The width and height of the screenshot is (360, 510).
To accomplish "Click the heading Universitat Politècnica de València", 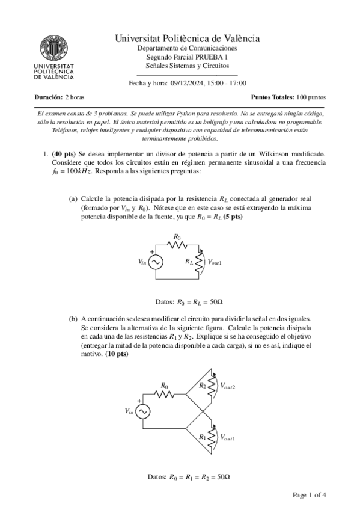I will point(187,38).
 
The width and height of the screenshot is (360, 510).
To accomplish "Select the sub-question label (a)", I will point(73,198).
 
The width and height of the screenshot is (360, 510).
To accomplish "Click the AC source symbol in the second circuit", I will point(143,411).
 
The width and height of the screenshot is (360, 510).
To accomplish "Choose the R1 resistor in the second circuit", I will point(212,437).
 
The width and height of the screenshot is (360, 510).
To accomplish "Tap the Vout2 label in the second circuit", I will point(228,386).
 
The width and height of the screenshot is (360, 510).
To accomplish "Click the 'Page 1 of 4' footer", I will point(309,496).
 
